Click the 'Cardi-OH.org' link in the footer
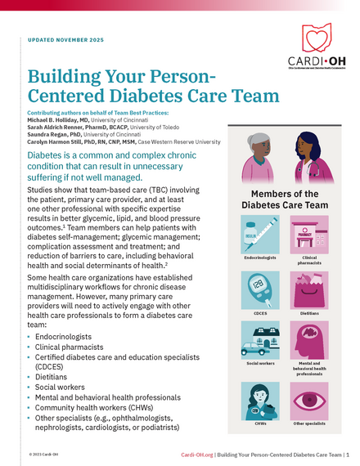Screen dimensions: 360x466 202,454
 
